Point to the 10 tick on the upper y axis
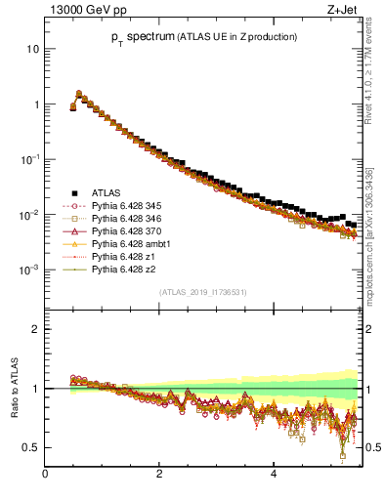coord(33,49)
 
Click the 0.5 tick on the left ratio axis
coord(31,447)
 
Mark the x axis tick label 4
coord(273,476)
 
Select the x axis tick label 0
coord(45,476)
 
